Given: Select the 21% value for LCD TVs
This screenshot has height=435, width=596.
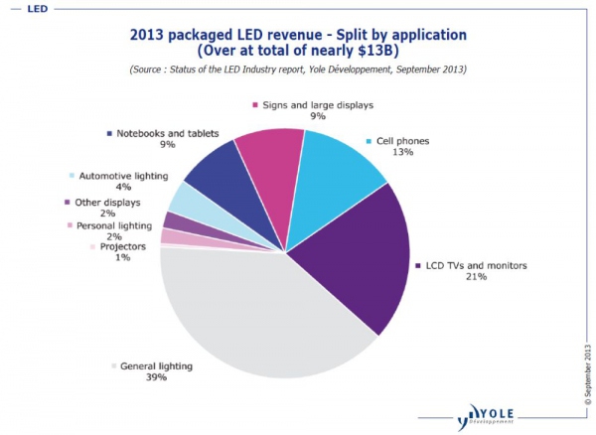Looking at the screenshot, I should [477, 277].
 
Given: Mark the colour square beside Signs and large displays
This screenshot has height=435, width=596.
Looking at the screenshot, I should [255, 104].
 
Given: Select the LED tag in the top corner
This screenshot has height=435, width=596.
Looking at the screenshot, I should [20, 8].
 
